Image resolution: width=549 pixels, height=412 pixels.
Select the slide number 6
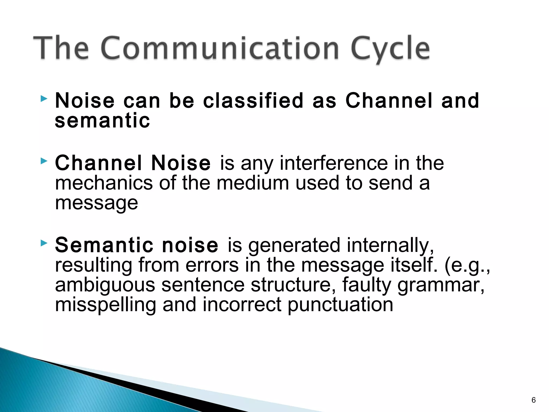(533, 400)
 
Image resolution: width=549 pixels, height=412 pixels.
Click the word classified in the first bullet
(253, 101)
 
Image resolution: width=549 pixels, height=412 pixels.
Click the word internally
(390, 245)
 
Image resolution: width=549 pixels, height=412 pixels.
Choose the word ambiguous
(105, 285)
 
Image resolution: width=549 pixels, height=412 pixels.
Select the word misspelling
(105, 305)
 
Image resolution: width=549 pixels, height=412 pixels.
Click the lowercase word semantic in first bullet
(102, 120)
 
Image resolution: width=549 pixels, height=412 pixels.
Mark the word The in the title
(61, 48)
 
